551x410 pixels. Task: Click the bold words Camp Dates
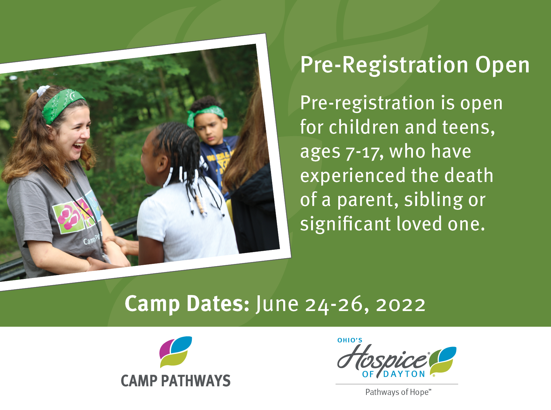(x=187, y=304)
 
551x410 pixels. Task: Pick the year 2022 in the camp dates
(x=401, y=305)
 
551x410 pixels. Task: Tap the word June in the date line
(x=277, y=304)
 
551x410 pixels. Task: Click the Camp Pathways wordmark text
(x=176, y=381)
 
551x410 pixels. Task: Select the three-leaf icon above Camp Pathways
(x=176, y=352)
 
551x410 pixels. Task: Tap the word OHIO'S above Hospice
(x=350, y=340)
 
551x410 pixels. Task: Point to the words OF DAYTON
(x=393, y=374)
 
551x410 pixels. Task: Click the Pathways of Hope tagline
(x=398, y=392)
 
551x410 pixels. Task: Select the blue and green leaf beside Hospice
(x=443, y=359)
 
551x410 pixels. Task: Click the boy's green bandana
(x=205, y=115)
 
